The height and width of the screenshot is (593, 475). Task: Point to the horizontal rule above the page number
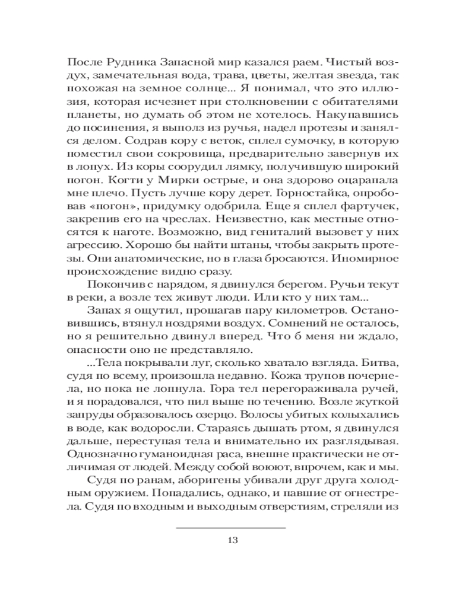[232, 527]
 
